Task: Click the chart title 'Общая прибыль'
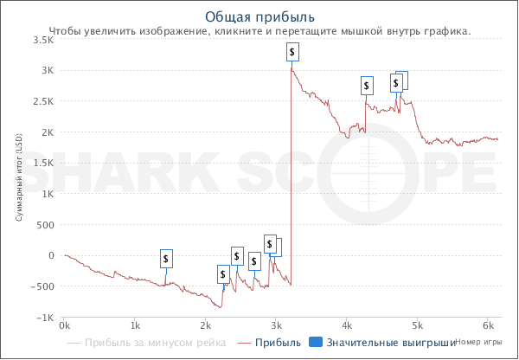click(x=259, y=16)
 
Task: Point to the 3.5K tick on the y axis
click(x=42, y=40)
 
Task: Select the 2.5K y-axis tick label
click(x=42, y=101)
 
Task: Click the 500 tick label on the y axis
click(x=45, y=224)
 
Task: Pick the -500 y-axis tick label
click(x=42, y=286)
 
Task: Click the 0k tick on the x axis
click(x=64, y=326)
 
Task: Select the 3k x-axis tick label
click(x=276, y=326)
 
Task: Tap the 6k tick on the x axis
click(x=488, y=326)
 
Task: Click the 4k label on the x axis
click(x=347, y=326)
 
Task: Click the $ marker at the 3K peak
click(x=293, y=52)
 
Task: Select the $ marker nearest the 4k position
click(x=367, y=86)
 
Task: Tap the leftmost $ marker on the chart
click(x=167, y=258)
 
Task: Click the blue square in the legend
click(x=316, y=344)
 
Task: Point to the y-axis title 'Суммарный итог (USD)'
click(x=19, y=178)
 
